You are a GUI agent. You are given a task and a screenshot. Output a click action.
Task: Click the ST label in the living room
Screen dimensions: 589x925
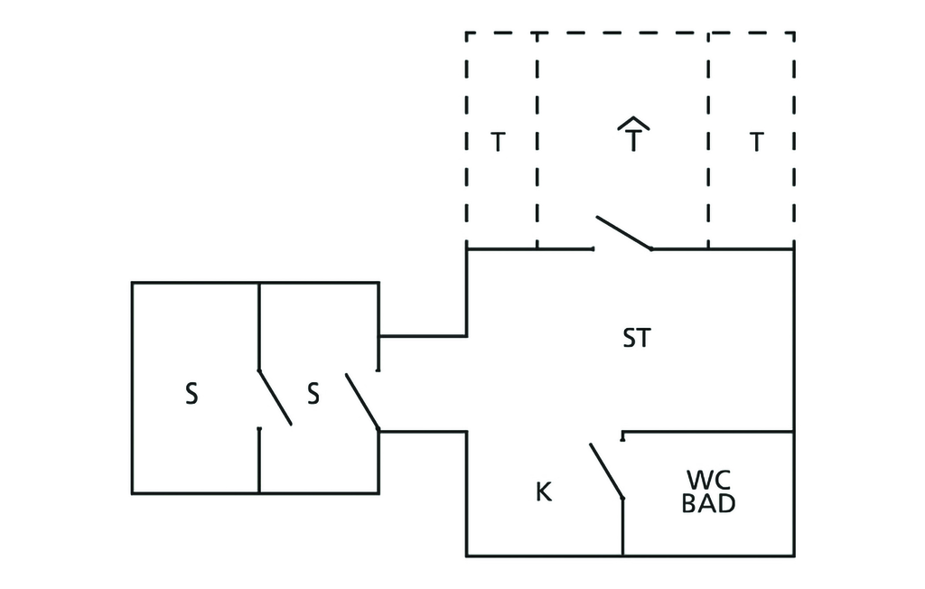point(636,339)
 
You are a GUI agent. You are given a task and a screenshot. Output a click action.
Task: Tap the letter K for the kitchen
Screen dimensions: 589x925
point(544,492)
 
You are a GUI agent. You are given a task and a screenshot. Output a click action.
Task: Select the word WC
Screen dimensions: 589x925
point(708,479)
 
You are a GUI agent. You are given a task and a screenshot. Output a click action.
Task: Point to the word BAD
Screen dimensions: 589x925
point(708,504)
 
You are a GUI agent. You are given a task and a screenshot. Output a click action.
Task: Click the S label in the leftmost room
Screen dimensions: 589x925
point(192,395)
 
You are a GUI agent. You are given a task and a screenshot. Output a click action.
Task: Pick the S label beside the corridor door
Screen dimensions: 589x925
point(313,395)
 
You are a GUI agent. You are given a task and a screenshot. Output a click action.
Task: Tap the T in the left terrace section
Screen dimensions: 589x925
point(497,142)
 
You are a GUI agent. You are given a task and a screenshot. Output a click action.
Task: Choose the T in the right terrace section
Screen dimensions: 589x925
point(756,142)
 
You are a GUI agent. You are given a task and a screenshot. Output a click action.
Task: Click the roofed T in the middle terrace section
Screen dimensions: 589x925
point(634,137)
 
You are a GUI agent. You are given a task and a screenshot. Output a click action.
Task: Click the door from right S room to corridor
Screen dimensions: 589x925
point(361,402)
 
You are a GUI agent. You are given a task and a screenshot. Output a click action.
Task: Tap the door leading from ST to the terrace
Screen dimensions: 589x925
point(623,232)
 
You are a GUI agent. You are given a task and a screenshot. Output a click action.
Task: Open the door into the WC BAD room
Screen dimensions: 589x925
point(607,471)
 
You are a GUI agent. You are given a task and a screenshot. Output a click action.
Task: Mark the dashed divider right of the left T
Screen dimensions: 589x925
point(537,140)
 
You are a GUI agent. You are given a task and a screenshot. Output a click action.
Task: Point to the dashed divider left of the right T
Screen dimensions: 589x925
point(708,140)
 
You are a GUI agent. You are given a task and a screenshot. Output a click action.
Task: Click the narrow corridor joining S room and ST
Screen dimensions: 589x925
point(423,384)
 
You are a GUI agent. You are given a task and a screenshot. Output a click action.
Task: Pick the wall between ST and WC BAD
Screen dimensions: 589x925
point(708,432)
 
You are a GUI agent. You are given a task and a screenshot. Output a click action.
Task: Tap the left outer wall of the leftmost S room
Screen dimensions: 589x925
point(132,388)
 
